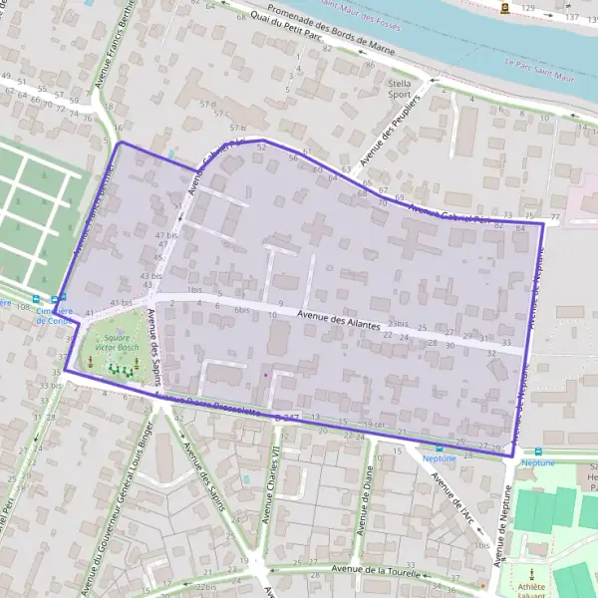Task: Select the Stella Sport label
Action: click(399, 90)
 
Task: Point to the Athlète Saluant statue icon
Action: click(532, 574)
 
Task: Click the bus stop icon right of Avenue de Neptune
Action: click(537, 450)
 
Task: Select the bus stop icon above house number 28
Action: click(440, 449)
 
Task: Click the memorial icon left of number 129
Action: click(506, 8)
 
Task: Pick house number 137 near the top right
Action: click(571, 18)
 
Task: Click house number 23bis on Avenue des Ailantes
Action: click(399, 324)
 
